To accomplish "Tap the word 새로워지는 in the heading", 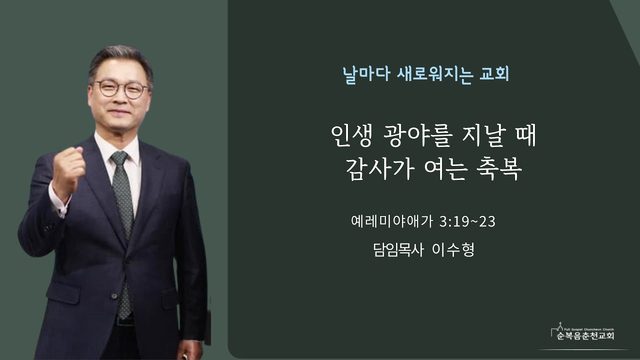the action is click(434, 74).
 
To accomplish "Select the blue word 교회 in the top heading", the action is click(494, 74).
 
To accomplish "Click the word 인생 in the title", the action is click(351, 136).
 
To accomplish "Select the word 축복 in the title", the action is click(500, 169).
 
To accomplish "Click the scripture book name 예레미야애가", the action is click(391, 221).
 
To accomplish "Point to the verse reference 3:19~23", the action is click(468, 222).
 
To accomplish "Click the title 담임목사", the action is click(399, 249).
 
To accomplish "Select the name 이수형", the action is click(453, 249).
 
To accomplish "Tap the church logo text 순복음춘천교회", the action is click(585, 336).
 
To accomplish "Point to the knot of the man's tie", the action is click(120, 158).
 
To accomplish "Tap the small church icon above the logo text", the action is click(559, 328).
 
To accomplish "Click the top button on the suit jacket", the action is click(115, 296).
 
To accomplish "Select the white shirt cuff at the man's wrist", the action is click(58, 202).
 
